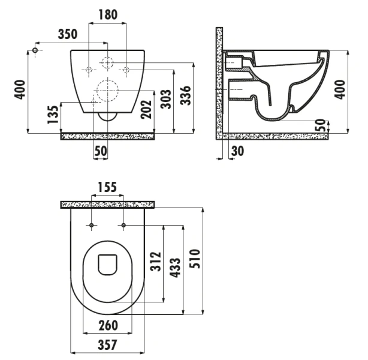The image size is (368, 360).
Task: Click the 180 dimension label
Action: coord(108,14)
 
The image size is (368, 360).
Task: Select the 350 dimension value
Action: coord(68,34)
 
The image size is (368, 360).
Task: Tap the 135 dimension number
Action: coord(53,115)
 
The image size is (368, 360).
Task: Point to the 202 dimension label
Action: coord(146,109)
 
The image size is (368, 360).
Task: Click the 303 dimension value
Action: coord(166,98)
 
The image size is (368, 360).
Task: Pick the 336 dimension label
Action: coord(185,95)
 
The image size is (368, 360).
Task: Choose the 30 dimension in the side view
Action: coord(237,151)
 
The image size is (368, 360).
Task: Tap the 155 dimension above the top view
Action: coord(107,187)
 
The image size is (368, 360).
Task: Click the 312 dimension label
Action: coord(156,262)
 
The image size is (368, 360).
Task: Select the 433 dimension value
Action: coord(176,268)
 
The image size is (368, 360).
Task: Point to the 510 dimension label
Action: coord(195,259)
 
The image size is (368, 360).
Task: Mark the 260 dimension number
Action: coord(108,325)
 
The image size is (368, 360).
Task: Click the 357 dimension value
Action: coord(107,345)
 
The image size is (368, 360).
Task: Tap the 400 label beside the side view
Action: coord(340,89)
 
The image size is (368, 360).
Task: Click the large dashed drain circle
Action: coord(107,91)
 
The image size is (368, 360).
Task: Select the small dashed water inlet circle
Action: coord(107,62)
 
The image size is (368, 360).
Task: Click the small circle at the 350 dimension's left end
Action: coord(35,50)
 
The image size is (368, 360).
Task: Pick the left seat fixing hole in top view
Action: coord(92,226)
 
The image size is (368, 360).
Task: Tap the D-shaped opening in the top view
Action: coord(107,265)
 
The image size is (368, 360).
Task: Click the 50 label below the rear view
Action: coord(101,151)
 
